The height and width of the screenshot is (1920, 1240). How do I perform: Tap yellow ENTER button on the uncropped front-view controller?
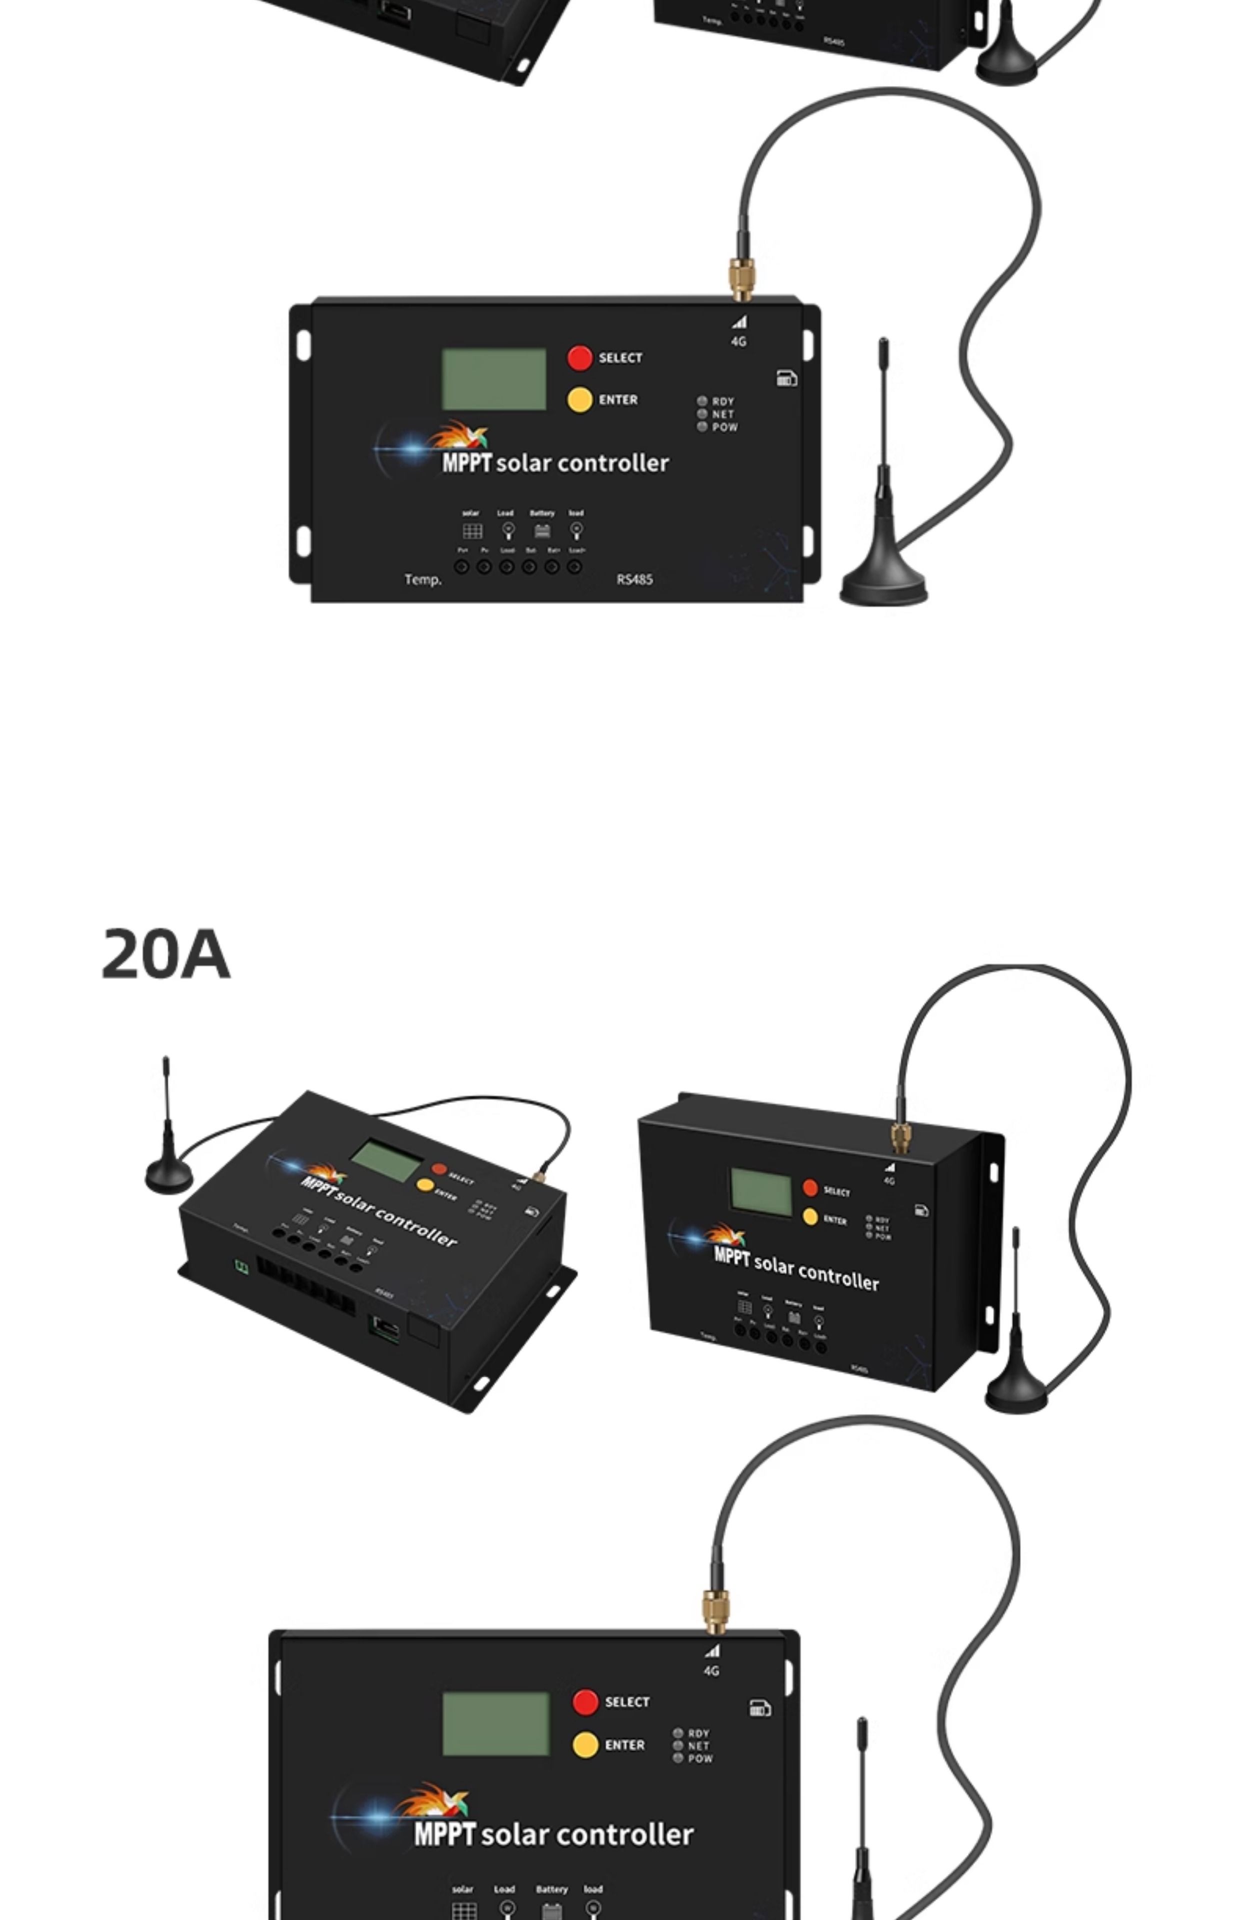pos(579,400)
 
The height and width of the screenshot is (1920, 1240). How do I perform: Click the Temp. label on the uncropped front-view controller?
pos(422,579)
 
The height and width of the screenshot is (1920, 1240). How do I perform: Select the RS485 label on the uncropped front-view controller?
pos(634,579)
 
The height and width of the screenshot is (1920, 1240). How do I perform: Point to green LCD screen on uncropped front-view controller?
pos(493,379)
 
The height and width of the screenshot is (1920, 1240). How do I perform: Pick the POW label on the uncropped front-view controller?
pos(724,427)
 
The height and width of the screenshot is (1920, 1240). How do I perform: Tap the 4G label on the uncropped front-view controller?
pos(738,341)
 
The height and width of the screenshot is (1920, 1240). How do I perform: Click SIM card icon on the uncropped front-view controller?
pos(786,378)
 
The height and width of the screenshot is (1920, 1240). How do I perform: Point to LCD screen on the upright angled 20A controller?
pos(761,1192)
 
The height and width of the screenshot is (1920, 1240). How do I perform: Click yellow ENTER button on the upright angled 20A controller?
pos(810,1217)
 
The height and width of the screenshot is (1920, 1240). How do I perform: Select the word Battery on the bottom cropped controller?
pos(551,1888)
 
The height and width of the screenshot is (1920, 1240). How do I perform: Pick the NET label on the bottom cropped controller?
pos(699,1746)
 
